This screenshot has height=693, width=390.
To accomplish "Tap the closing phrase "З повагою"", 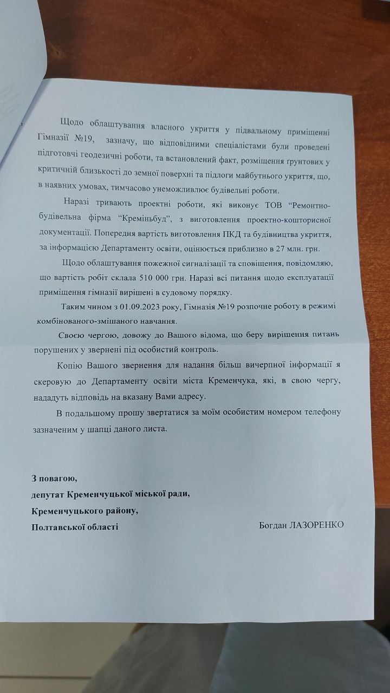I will (54, 479).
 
